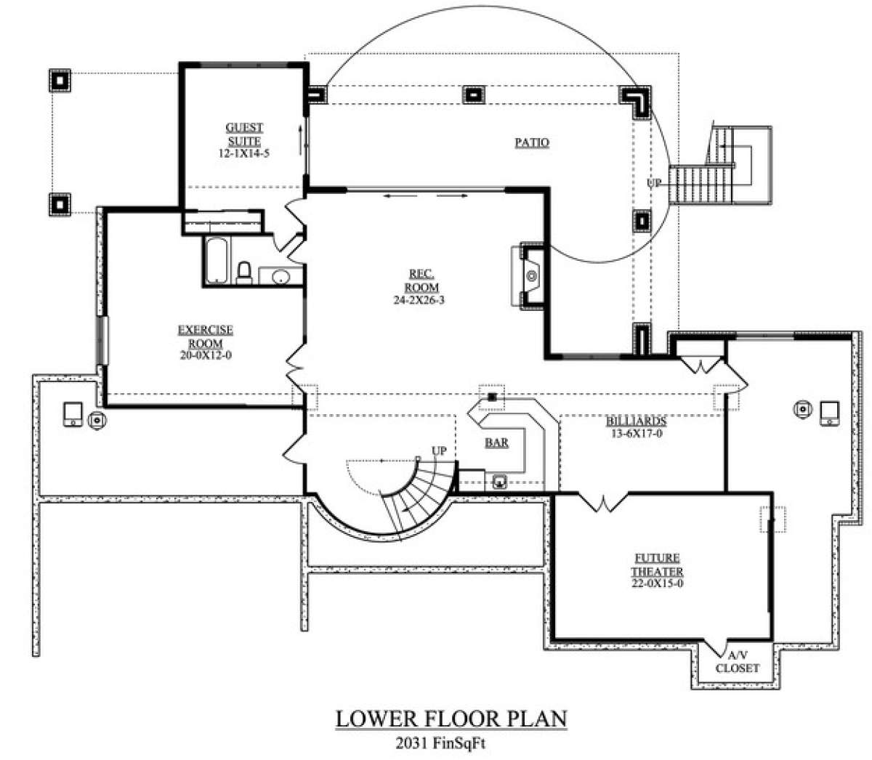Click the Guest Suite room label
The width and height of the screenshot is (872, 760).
tap(244, 134)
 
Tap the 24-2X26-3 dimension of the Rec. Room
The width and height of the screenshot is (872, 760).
tap(419, 300)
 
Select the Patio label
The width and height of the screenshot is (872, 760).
tap(532, 142)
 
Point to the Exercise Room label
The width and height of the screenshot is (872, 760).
tap(206, 336)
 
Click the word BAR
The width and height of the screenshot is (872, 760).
tap(496, 442)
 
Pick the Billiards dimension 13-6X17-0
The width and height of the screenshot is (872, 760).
tap(637, 434)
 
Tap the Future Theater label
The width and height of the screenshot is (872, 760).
tap(657, 565)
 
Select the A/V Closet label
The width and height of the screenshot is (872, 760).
tap(738, 662)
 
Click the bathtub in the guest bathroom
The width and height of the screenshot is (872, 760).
tap(217, 260)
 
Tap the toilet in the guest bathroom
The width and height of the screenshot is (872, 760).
tap(243, 272)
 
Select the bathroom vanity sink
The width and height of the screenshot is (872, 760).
tap(280, 277)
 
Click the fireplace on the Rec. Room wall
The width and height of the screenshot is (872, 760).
tap(528, 275)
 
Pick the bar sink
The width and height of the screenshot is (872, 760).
tap(499, 482)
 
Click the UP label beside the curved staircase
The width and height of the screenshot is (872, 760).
tap(439, 450)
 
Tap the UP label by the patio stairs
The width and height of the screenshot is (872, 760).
tap(654, 183)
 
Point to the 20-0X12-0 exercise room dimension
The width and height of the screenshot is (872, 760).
tap(206, 355)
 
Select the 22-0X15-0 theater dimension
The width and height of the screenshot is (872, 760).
tap(657, 583)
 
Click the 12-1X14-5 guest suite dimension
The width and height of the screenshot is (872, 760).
tap(244, 153)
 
